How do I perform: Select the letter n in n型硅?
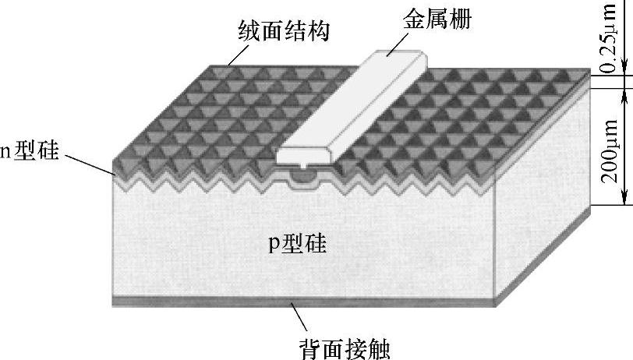click(x=4, y=152)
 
